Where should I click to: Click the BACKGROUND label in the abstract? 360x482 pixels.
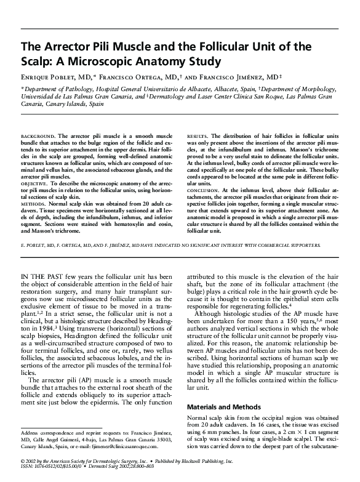(36, 134)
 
